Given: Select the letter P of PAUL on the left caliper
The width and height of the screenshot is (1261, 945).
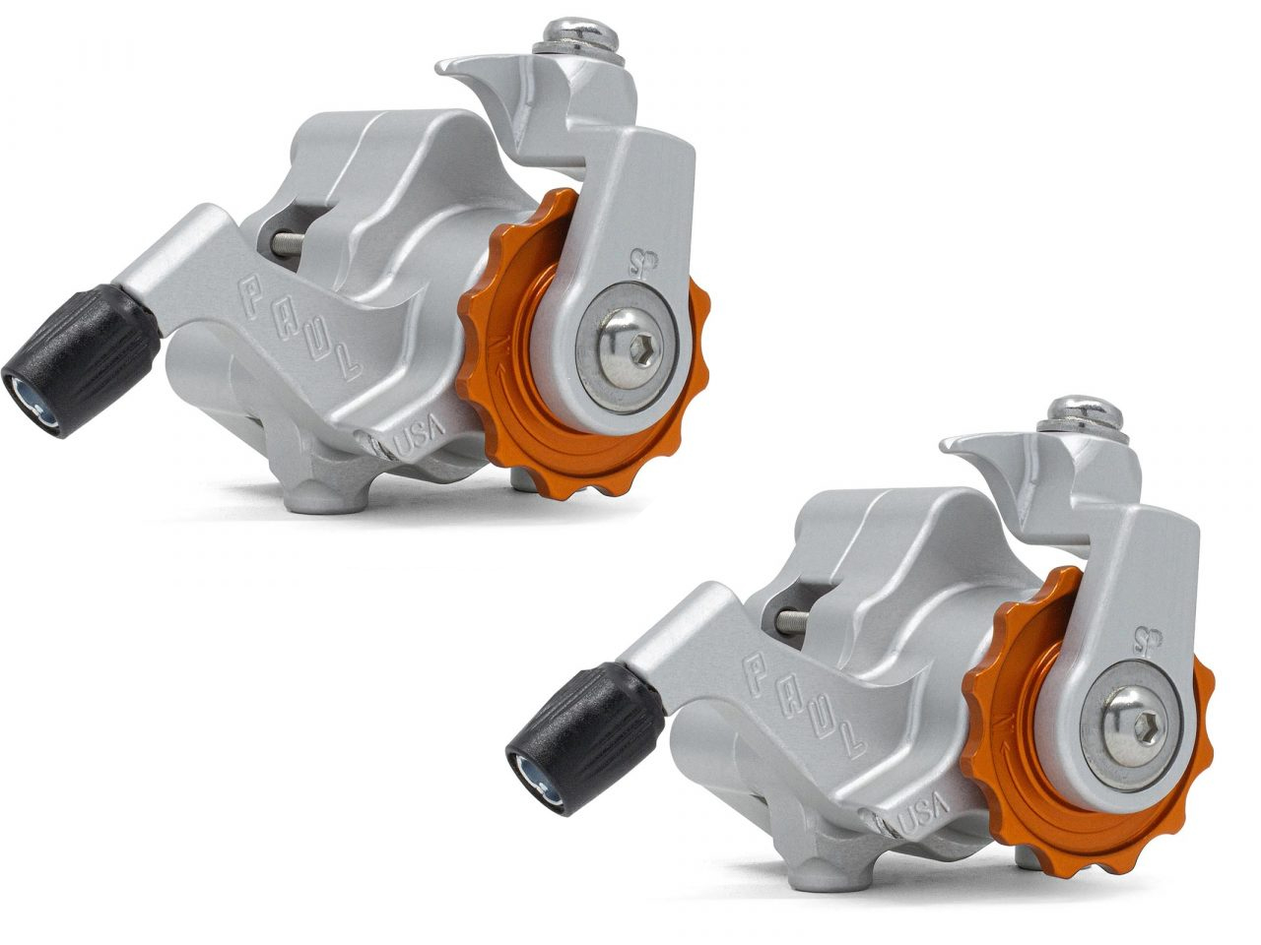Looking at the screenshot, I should pos(250,290).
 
